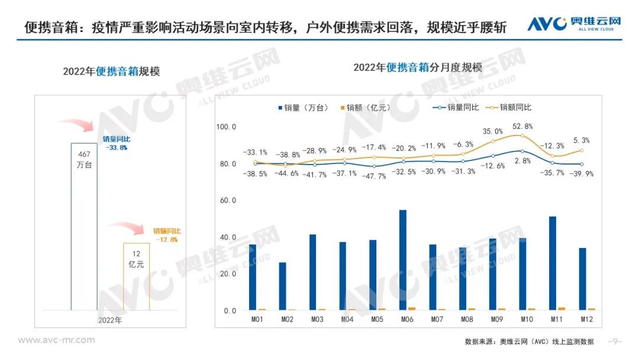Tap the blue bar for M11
point(553,263)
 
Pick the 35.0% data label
point(492,131)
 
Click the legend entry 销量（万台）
point(301,107)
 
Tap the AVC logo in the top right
point(575,24)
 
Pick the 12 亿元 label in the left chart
point(136,259)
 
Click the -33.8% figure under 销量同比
point(116,148)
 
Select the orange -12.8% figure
point(166,239)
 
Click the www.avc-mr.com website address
point(56,340)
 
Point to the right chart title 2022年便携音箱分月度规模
point(418,67)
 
